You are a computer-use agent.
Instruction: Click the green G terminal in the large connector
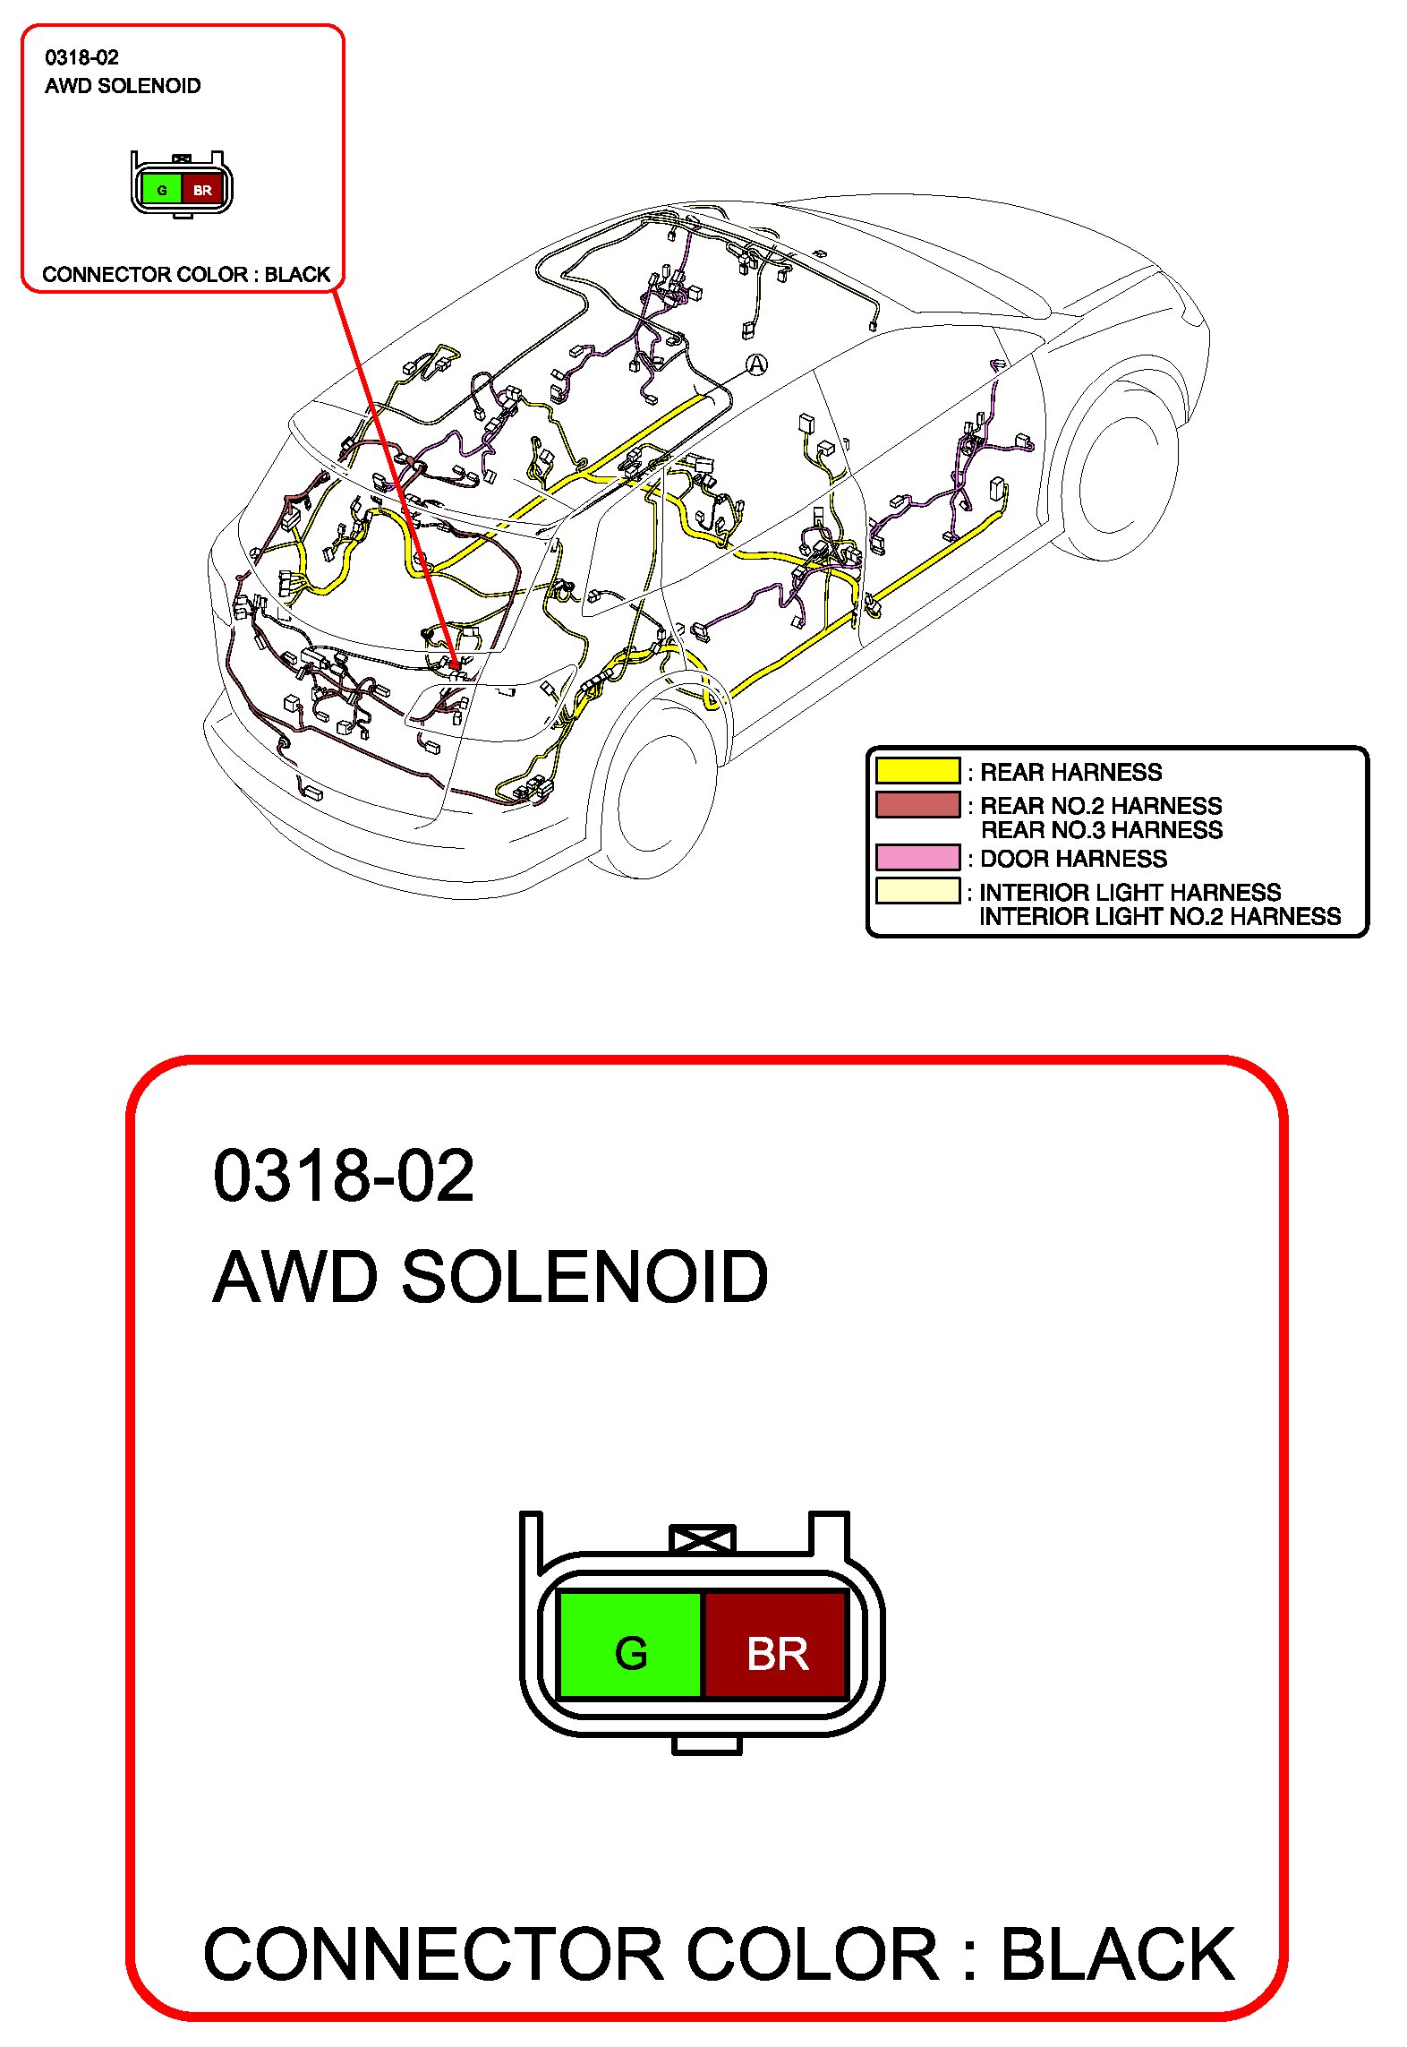coord(630,1644)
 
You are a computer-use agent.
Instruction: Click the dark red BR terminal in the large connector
coord(776,1644)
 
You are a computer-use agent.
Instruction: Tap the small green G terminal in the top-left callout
coord(162,190)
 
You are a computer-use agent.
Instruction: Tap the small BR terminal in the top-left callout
coord(202,190)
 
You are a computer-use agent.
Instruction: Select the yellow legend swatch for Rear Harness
coord(917,771)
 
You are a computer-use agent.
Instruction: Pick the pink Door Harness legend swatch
coord(917,858)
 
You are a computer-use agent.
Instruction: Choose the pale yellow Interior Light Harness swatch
coord(917,891)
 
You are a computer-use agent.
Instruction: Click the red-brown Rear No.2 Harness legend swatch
coord(917,804)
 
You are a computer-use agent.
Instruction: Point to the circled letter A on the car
coord(757,364)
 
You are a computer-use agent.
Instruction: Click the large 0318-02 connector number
coord(344,1176)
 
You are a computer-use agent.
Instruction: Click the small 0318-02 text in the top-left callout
coord(81,58)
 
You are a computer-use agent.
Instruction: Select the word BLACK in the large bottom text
coord(1117,1954)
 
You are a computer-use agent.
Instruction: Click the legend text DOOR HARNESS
coord(1073,859)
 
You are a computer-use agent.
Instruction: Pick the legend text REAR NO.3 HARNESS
coord(1101,830)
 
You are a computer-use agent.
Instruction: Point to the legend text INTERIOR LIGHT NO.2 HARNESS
coord(1160,917)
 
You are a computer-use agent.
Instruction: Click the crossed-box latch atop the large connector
coord(703,1539)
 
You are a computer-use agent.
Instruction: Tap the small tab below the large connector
coord(706,1745)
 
